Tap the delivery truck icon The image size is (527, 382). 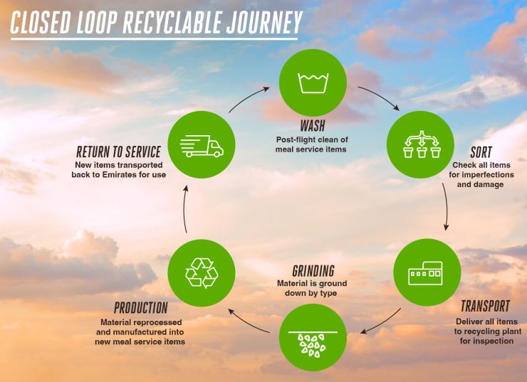202,145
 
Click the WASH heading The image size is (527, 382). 312,127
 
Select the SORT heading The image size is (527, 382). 481,153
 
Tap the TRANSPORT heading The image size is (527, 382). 485,307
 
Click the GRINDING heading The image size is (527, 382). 313,271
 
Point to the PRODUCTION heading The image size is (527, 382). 141,308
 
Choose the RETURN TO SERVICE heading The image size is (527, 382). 118,152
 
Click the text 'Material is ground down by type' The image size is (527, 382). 313,288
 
